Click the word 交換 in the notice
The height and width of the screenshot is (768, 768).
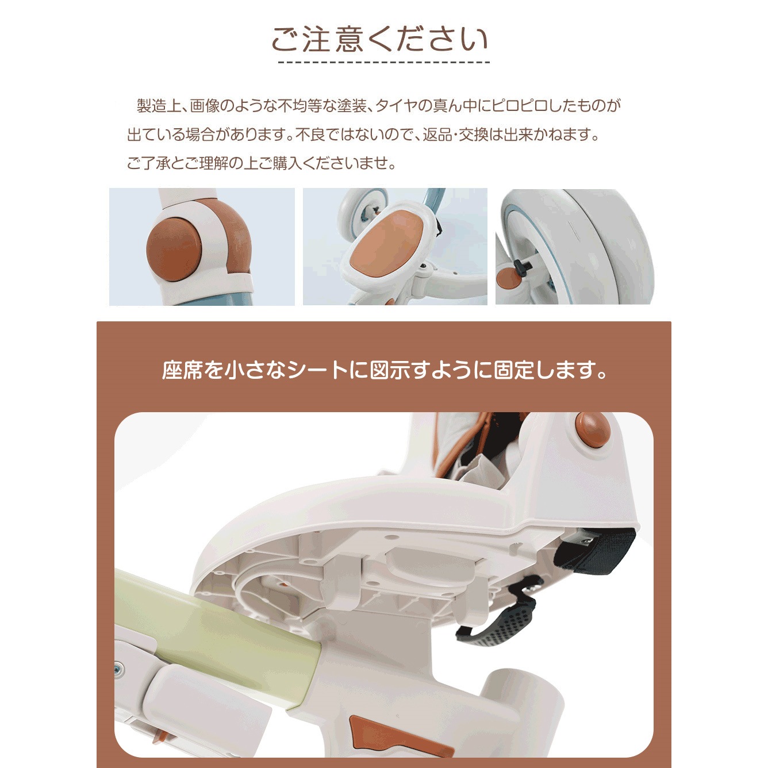(x=473, y=135)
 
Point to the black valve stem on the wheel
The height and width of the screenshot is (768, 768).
(x=522, y=266)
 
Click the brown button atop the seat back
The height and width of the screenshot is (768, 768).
(x=593, y=429)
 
